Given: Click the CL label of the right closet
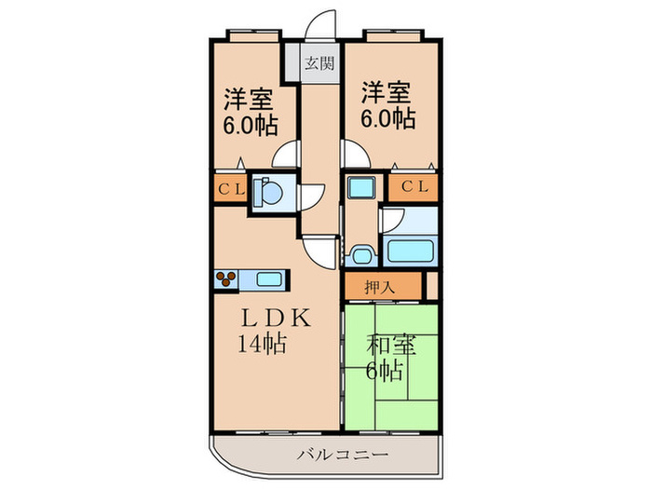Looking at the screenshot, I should (x=414, y=187).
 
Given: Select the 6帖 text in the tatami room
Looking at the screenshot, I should (x=384, y=371).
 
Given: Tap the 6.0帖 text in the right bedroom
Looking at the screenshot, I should (x=387, y=119).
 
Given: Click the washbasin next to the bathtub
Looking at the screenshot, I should (x=360, y=253).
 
